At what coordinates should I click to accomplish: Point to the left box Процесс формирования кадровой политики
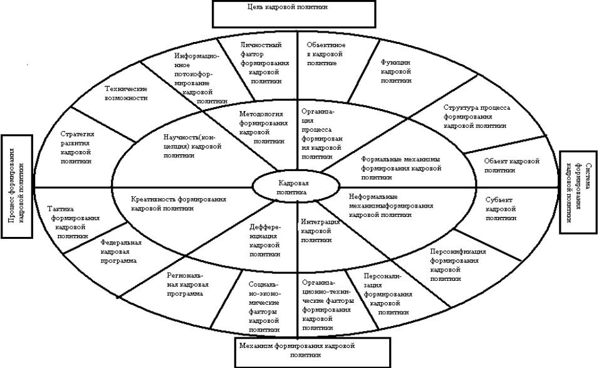(17, 187)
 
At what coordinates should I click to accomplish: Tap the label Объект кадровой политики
(512, 166)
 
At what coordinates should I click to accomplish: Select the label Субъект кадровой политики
(501, 209)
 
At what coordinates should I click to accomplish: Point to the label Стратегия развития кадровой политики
(78, 147)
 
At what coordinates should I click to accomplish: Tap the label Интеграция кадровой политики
(320, 231)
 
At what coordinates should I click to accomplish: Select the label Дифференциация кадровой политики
(259, 241)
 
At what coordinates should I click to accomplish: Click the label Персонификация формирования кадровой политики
(458, 265)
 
